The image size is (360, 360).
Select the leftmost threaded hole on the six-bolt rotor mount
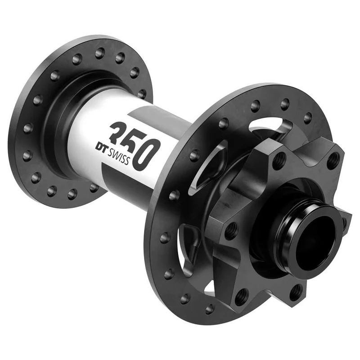coord(230,230)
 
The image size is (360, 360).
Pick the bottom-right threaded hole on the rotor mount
coord(295,292)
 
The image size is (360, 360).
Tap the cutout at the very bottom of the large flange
coord(211,288)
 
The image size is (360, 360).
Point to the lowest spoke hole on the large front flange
coord(210,309)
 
